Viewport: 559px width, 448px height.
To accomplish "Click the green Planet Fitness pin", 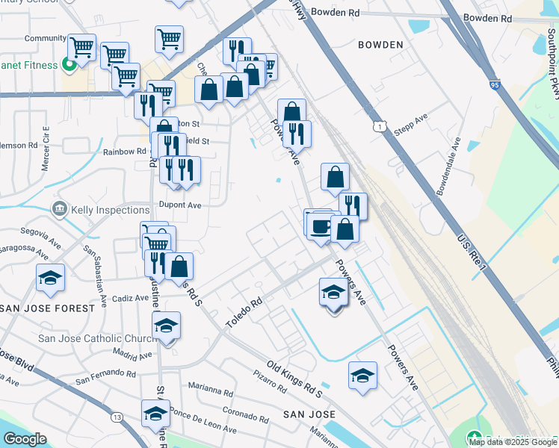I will (x=70, y=65).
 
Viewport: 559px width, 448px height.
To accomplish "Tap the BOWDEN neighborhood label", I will (x=380, y=45).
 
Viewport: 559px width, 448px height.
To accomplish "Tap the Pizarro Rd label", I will (x=270, y=383).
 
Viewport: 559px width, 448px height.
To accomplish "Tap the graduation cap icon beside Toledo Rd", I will (x=333, y=292).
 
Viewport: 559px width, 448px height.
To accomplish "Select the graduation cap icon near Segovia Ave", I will (x=50, y=279).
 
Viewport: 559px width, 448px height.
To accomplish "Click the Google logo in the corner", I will (x=25, y=439).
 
